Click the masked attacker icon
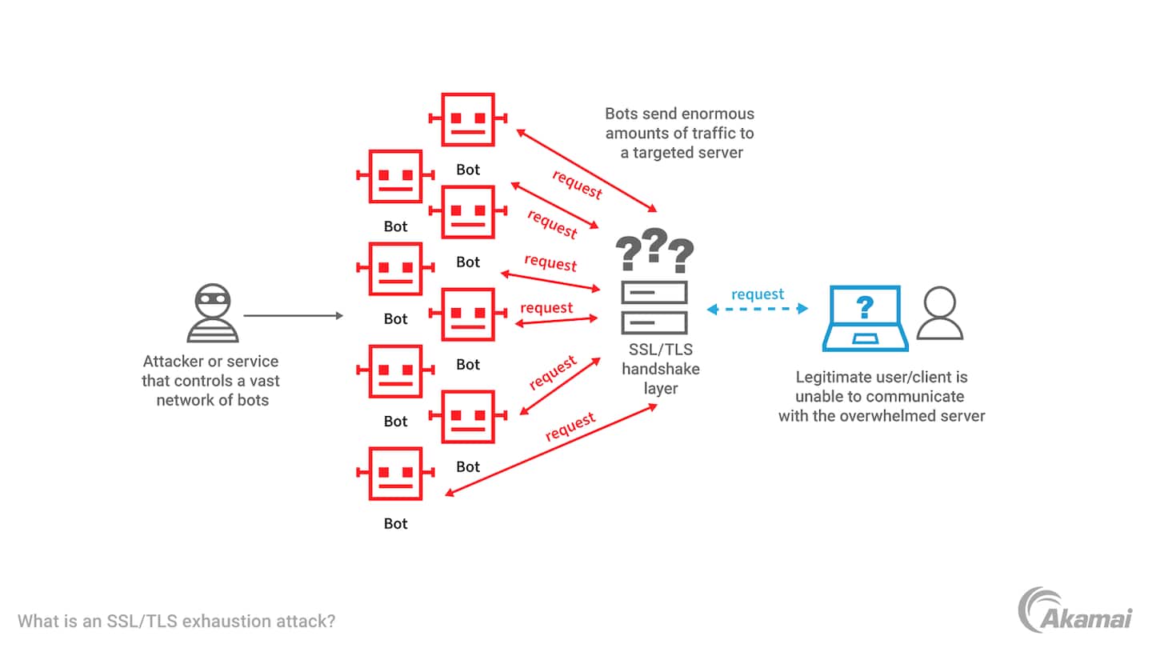click(x=213, y=313)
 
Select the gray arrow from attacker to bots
click(x=293, y=316)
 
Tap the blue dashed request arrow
click(x=757, y=310)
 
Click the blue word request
click(x=758, y=294)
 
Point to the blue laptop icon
click(x=865, y=318)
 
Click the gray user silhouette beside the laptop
click(x=939, y=314)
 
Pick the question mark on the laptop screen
click(x=865, y=307)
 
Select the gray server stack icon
click(x=654, y=308)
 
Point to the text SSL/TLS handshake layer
click(x=661, y=370)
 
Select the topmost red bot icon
click(x=468, y=119)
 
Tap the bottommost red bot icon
click(x=395, y=474)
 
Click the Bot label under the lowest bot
click(x=396, y=524)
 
